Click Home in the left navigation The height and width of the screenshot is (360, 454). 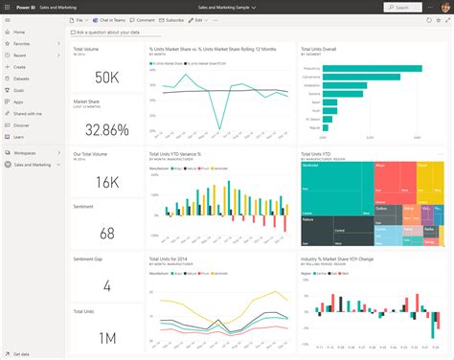pyautogui.click(x=19, y=32)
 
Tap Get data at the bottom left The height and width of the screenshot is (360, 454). pyautogui.click(x=19, y=353)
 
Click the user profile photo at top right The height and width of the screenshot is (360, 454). pyautogui.click(x=444, y=6)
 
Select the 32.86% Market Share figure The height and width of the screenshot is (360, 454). pyautogui.click(x=106, y=128)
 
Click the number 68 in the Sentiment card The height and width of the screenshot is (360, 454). pyautogui.click(x=106, y=233)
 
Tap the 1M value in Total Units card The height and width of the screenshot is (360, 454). pyautogui.click(x=106, y=337)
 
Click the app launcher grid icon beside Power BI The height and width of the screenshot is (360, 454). pyautogui.click(x=6, y=6)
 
